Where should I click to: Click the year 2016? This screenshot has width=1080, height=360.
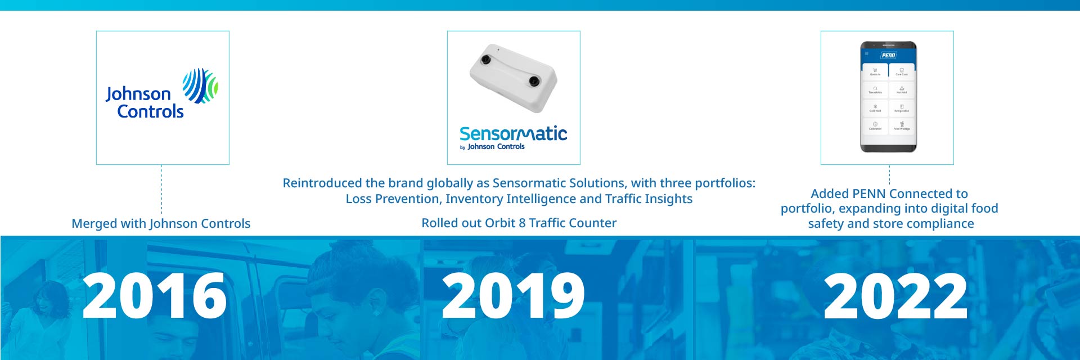[x=155, y=296]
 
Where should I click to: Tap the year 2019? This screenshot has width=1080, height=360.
[x=513, y=296]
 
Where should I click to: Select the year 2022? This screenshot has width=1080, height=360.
[x=895, y=296]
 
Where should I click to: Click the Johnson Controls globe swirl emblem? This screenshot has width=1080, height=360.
[x=200, y=86]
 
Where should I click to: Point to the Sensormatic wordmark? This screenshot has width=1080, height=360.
[x=513, y=134]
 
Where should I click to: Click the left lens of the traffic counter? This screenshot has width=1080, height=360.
[x=485, y=60]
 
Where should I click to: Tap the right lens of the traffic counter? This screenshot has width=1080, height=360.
[x=534, y=82]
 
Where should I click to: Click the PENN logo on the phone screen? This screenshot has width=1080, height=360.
[x=888, y=55]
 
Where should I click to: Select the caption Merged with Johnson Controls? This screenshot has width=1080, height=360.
[x=161, y=223]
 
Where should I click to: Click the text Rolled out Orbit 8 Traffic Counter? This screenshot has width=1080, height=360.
[x=519, y=223]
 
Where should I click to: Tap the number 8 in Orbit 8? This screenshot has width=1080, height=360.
[x=522, y=223]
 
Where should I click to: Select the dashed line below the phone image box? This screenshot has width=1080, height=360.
[x=889, y=175]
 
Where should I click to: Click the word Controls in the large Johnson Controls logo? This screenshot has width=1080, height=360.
[x=150, y=111]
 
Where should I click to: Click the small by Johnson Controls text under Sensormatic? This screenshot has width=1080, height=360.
[x=493, y=147]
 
